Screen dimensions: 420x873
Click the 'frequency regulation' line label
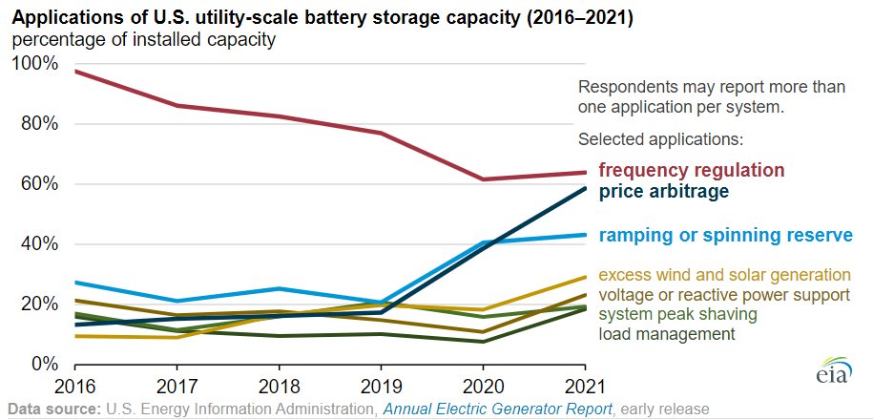tap(691, 171)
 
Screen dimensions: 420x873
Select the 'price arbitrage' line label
tap(663, 192)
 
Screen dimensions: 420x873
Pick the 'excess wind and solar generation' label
tap(724, 275)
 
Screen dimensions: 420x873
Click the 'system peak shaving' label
tap(677, 314)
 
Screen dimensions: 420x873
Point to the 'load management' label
tap(667, 334)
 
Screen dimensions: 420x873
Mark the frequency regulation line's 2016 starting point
tap(75, 71)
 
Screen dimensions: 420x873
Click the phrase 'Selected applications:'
tap(660, 139)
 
